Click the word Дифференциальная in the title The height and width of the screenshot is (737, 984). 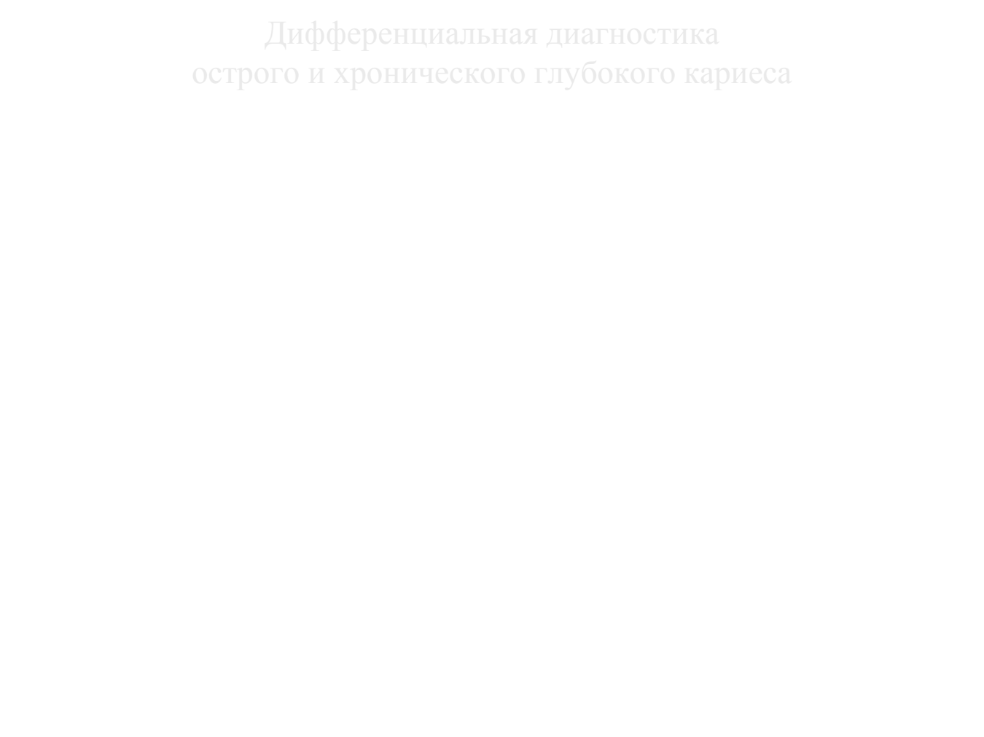401,35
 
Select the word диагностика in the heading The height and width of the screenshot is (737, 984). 633,35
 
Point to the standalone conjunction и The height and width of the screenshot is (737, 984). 316,74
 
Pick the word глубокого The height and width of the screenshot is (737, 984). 605,74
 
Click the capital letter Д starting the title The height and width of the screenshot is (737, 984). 276,35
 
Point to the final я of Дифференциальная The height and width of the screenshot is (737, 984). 529,34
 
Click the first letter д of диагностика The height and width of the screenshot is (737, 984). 556,36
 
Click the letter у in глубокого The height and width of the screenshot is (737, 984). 571,76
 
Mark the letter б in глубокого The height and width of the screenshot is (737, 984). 589,71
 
